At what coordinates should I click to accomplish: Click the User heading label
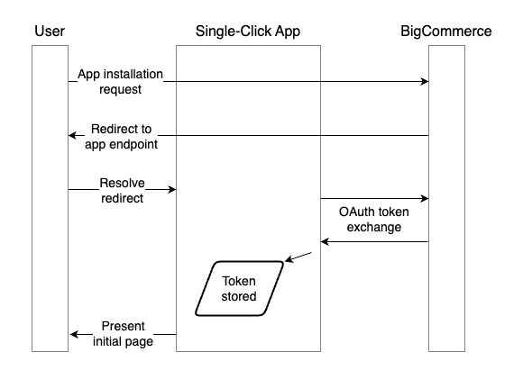coord(49,32)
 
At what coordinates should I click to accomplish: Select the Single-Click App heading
coord(247,32)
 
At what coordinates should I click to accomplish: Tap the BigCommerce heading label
coord(445,32)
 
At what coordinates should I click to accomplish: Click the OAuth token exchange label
coord(374,220)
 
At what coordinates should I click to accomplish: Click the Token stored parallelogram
coord(239,288)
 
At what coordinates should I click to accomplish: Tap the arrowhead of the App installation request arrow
coord(424,81)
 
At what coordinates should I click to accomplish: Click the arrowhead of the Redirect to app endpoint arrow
coord(74,135)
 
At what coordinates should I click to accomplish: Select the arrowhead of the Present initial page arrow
coord(74,334)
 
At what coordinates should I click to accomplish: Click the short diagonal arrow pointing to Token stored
coord(298,257)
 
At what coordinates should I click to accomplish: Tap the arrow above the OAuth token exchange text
coord(374,198)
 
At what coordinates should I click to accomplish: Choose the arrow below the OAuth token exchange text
coord(374,242)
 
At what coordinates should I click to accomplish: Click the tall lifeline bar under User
coord(50,198)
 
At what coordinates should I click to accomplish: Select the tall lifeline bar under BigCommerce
coord(446,198)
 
